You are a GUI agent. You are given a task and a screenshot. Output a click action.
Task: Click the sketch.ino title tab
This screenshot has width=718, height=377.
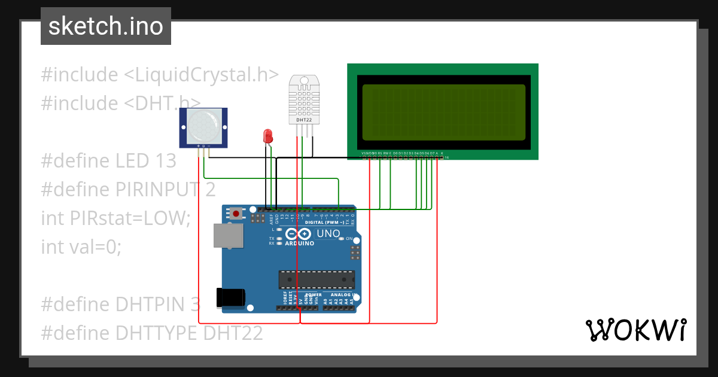pyautogui.click(x=106, y=26)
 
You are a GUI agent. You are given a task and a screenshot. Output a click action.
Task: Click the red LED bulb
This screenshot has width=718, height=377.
pyautogui.click(x=267, y=135)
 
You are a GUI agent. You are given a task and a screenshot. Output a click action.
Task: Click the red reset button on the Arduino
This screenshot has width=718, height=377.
pyautogui.click(x=237, y=214)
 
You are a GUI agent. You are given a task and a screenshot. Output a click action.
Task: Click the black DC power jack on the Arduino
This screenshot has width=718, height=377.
pyautogui.click(x=231, y=297)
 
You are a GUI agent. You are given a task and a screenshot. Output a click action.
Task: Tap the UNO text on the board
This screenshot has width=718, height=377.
pyautogui.click(x=328, y=233)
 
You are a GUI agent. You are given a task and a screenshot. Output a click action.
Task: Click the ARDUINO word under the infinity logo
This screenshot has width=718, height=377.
pyautogui.click(x=299, y=244)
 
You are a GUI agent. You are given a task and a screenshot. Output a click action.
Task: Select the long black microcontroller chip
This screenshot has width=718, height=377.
pyautogui.click(x=316, y=279)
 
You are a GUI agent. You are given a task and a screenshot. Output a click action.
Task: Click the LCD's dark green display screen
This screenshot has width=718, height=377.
pyautogui.click(x=443, y=112)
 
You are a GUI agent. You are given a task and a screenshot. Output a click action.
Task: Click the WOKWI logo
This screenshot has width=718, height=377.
pyautogui.click(x=635, y=330)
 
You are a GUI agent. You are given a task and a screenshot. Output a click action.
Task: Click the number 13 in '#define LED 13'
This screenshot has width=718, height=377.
pyautogui.click(x=165, y=160)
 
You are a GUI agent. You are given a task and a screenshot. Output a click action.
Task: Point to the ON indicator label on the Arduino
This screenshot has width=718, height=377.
pyautogui.click(x=348, y=238)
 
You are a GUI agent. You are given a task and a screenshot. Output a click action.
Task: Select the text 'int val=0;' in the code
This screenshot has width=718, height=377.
pyautogui.click(x=81, y=246)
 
